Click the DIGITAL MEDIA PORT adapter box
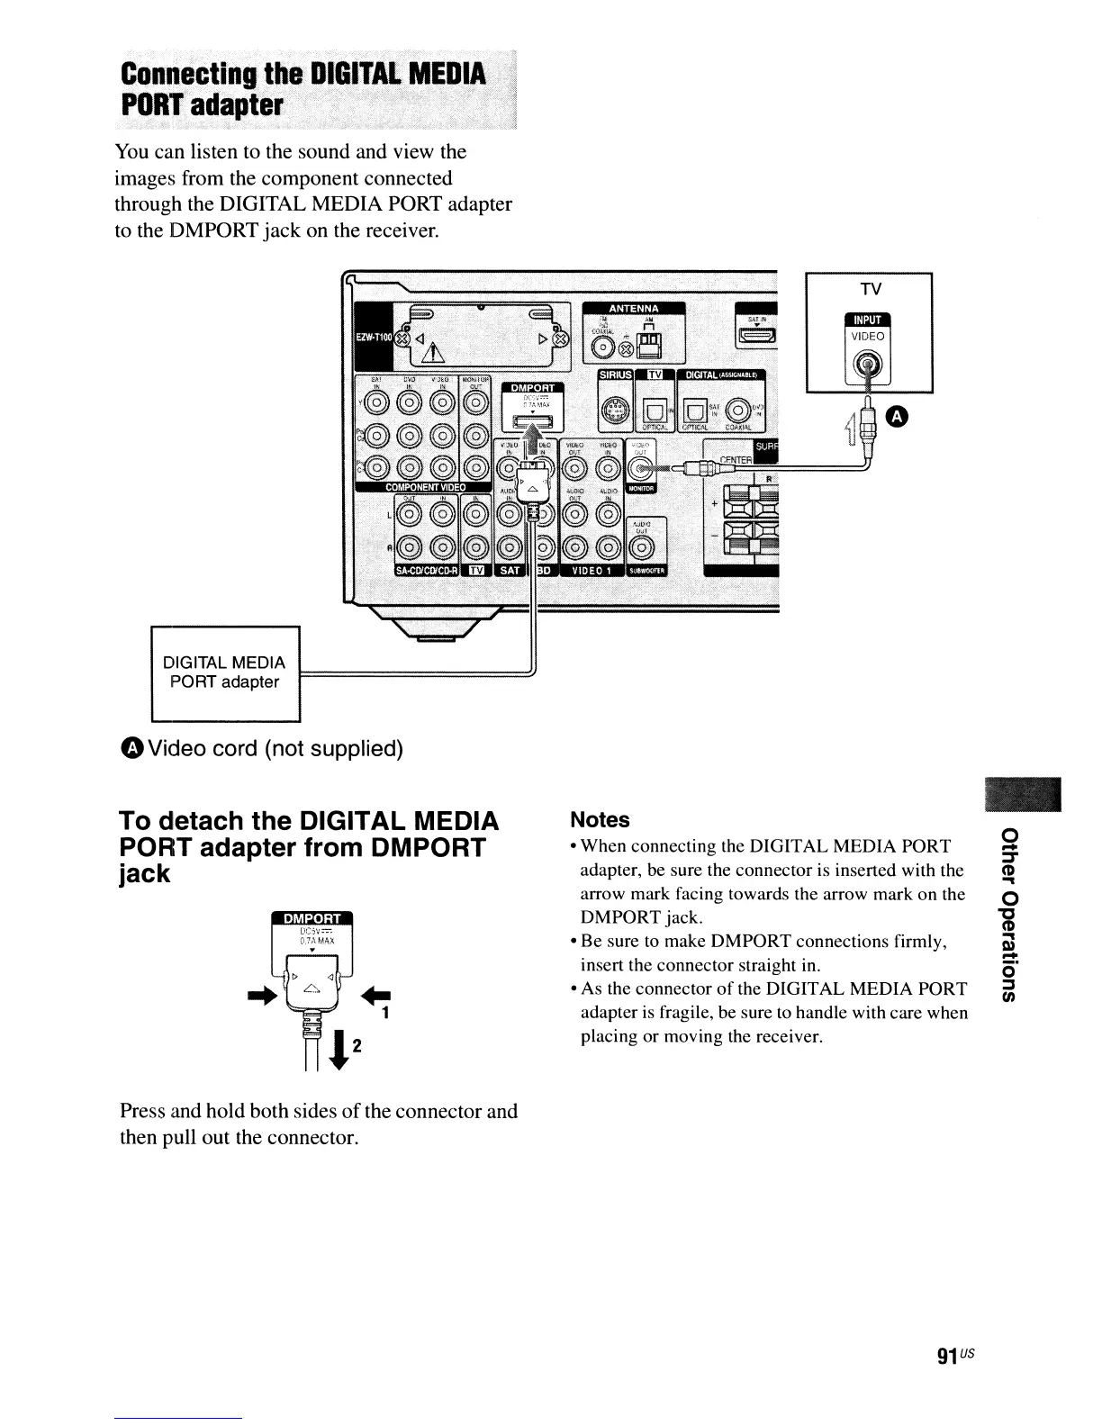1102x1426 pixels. [x=225, y=672]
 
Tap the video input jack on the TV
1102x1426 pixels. [x=867, y=366]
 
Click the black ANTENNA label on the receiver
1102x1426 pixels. [x=634, y=309]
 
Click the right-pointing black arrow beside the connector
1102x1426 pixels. [x=267, y=988]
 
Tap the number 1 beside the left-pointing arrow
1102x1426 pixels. [x=384, y=1013]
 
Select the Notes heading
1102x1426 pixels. [x=601, y=820]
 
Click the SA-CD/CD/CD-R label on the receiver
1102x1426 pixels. [x=426, y=570]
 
